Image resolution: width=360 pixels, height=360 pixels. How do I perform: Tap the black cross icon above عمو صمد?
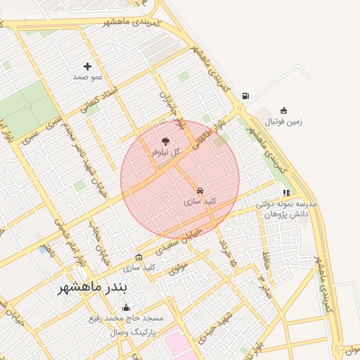pos(87,66)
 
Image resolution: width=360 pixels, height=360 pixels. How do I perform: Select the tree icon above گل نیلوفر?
pos(166,141)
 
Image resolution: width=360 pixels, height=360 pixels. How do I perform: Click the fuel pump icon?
pos(245,96)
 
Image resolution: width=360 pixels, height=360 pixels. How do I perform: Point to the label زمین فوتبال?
pos(283,122)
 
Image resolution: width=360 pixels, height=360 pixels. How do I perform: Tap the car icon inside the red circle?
pos(200,191)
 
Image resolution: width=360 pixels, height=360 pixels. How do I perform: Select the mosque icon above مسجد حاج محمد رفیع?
pos(127,307)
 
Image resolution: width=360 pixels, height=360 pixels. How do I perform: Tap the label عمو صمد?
pos(88,76)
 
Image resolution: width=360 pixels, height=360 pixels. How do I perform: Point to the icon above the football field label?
pos(283,110)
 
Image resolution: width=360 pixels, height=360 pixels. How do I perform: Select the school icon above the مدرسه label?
pos(286,192)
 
